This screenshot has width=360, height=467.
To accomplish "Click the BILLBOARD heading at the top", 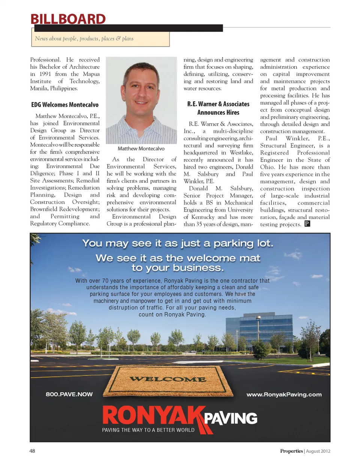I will pos(68,19).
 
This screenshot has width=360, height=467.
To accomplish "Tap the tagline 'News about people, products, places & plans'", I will pos(84,39).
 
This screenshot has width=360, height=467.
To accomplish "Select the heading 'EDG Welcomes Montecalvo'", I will pos(65,105).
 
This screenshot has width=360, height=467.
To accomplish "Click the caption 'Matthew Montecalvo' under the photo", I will pos(141,149).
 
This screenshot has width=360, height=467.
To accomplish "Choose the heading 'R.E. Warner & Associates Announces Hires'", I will pos(218,108).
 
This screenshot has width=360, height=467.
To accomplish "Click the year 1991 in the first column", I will pos(45,74).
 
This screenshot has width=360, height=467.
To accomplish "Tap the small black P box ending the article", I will pos(307,224).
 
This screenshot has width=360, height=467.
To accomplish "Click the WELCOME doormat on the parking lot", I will pos(168,380).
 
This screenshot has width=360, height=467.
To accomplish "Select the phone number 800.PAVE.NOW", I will pos(69,394).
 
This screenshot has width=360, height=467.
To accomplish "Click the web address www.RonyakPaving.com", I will pos(284,394).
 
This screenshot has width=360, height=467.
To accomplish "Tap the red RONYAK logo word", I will pos(153,416).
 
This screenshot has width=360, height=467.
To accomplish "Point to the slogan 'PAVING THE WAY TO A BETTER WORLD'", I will pos(148,430).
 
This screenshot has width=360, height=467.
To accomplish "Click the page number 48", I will pos(32,451).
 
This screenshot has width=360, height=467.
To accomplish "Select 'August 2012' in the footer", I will pos(318,451).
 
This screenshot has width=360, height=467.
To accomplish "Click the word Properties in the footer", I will pos(291,451).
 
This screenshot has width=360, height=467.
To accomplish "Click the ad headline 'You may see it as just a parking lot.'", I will pos(178,243).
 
